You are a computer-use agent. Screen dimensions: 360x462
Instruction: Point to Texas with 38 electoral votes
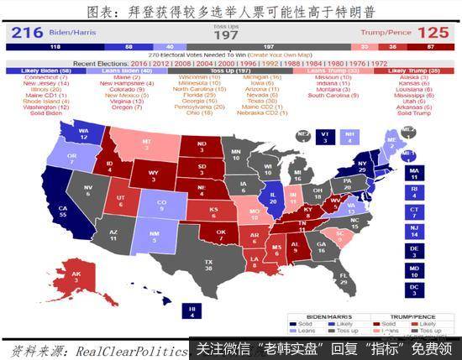pos(207,265)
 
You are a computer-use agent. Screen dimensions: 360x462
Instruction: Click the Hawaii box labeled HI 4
pos(192,312)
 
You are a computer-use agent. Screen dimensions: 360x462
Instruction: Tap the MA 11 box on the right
pos(413,174)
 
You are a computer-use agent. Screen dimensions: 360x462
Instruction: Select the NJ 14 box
pos(413,229)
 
